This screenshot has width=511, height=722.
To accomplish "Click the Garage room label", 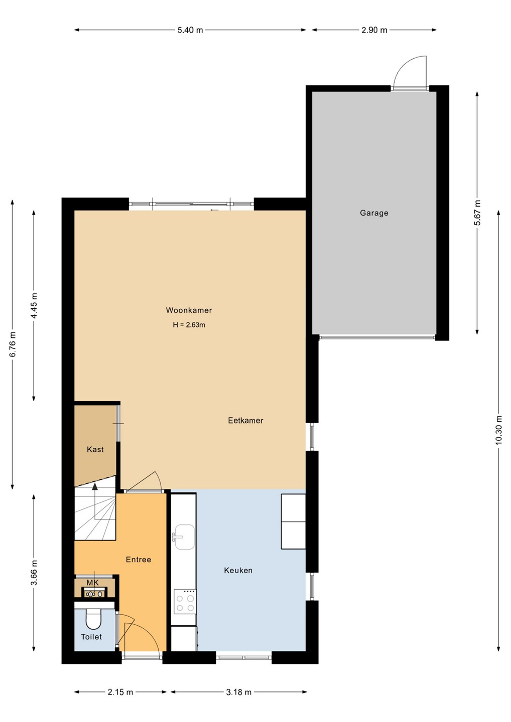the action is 374,213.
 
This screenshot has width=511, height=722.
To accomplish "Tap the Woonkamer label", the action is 189,310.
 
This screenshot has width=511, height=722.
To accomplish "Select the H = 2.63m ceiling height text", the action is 189,324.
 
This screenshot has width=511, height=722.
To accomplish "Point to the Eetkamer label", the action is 245,420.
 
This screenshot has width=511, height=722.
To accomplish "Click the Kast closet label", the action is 95,449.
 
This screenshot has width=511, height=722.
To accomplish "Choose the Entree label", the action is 139,559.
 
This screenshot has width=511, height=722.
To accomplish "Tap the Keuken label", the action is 238,570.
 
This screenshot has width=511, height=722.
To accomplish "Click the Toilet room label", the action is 91,637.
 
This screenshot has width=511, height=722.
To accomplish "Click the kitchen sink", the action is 185,536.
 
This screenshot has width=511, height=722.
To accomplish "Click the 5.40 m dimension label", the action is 190,30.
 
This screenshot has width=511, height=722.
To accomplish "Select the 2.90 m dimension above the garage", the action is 374,30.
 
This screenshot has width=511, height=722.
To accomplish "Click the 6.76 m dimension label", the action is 12,344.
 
